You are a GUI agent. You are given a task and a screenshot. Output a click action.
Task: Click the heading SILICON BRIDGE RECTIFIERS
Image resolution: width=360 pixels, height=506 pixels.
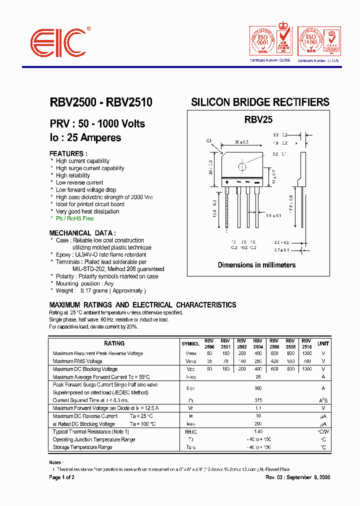click(260, 102)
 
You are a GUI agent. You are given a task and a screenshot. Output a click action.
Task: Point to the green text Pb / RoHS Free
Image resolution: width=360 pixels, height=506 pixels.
click(74, 218)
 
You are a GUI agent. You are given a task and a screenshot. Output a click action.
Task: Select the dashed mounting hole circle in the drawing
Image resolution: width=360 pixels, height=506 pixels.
click(242, 167)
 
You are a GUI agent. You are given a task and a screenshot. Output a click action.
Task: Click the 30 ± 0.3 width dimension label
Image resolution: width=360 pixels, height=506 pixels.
click(242, 141)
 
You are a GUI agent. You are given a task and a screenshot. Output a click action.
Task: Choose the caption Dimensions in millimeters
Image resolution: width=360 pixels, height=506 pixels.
click(256, 265)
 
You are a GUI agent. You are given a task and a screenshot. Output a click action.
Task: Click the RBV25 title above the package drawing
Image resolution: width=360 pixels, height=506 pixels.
click(258, 120)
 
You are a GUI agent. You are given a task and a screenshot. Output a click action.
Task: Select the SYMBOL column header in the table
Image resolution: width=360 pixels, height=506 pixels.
click(190, 344)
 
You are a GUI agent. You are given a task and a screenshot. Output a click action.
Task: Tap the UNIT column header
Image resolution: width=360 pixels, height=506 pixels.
click(323, 343)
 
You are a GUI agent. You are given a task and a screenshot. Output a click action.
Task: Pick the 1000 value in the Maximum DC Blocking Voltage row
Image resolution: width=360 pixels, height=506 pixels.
click(306, 369)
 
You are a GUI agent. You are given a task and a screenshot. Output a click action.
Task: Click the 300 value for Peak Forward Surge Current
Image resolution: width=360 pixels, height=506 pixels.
click(258, 388)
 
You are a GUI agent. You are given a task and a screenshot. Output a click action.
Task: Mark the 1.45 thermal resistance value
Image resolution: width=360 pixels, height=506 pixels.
click(258, 431)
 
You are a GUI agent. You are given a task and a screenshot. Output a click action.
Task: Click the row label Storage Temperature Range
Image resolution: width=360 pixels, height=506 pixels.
click(82, 447)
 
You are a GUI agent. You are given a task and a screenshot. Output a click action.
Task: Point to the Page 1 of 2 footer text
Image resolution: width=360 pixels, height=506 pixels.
click(62, 477)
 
